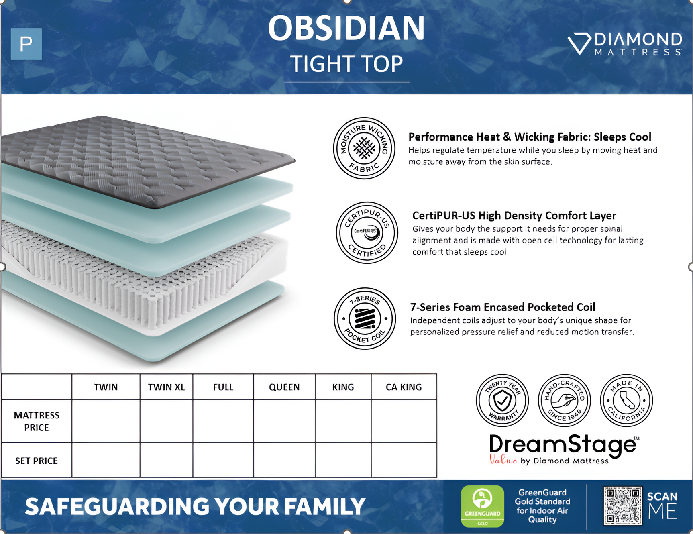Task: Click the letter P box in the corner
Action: coord(26,44)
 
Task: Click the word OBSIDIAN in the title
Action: coord(346,28)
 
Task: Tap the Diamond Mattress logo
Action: coord(624,43)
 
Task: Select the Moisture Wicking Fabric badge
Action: coord(364,148)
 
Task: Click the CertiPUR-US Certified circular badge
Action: coord(367,232)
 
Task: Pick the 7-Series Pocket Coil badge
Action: coord(365,318)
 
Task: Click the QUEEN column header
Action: coord(284,387)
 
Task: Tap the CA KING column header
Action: coord(404,387)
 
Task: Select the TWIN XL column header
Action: coord(166,387)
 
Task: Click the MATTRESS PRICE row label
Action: coord(37,421)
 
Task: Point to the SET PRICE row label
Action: coord(37,461)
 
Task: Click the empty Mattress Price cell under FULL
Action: coord(223,421)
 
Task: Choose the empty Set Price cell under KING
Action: coord(343,460)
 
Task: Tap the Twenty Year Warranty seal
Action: coord(502,400)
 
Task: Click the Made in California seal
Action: coord(626,400)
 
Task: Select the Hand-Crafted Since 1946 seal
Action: coord(564,400)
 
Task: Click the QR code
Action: coord(622,506)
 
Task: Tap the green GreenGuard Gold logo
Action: coord(482,506)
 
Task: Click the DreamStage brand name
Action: coord(562,445)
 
